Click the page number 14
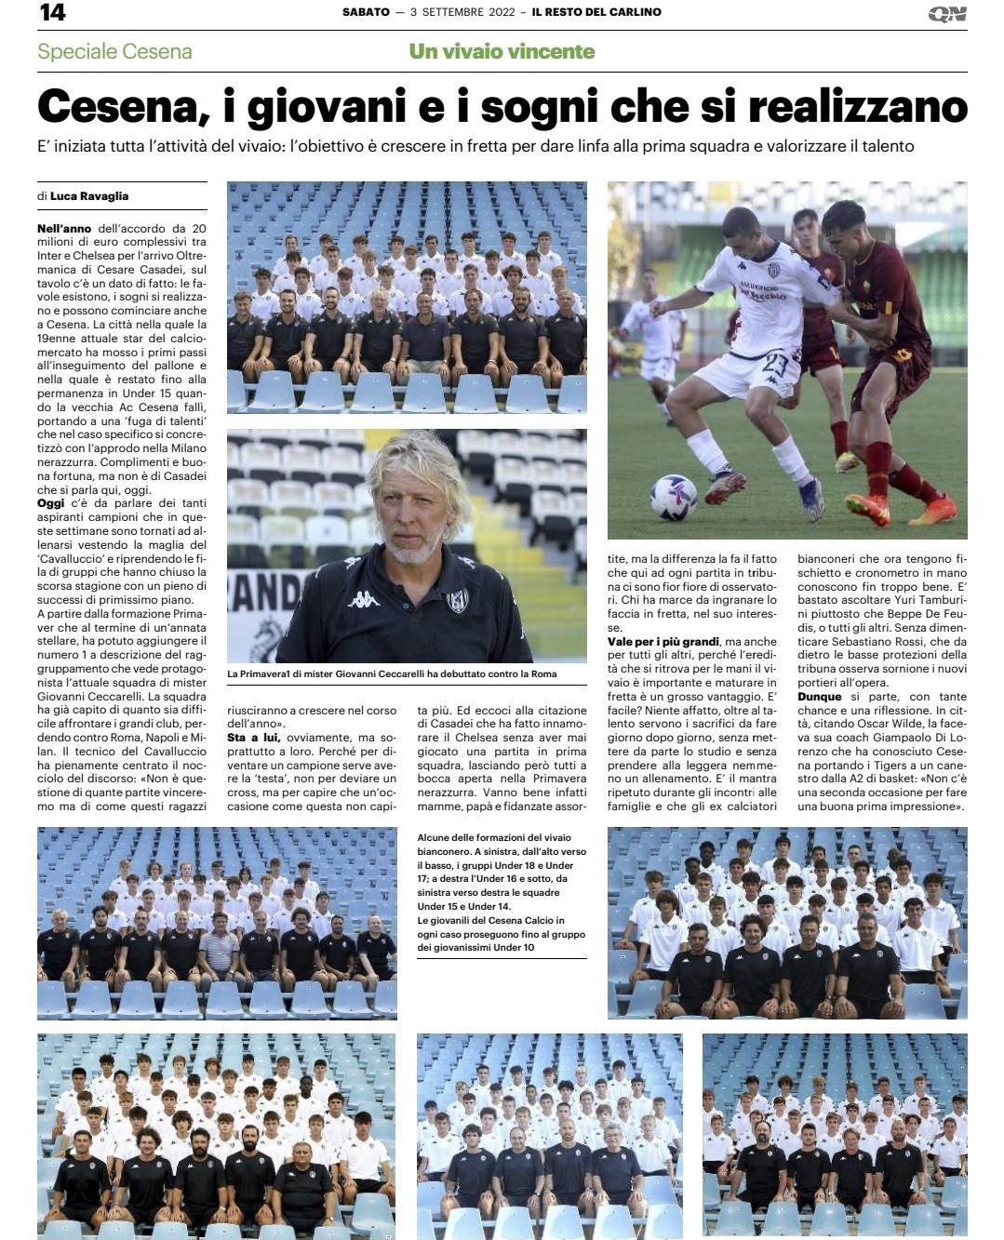pyautogui.click(x=52, y=12)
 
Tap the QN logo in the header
pyautogui.click(x=947, y=14)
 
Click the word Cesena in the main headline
pyautogui.click(x=116, y=107)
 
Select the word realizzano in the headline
pyautogui.click(x=857, y=107)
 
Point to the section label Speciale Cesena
pyautogui.click(x=114, y=51)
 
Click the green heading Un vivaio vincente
pyautogui.click(x=502, y=51)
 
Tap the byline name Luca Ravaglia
pyautogui.click(x=89, y=196)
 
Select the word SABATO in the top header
pyautogui.click(x=366, y=12)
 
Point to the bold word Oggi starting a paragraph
pyautogui.click(x=51, y=503)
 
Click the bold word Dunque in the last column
pyautogui.click(x=820, y=697)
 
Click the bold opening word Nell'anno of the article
pyautogui.click(x=64, y=228)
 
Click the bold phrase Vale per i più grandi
pyautogui.click(x=663, y=642)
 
